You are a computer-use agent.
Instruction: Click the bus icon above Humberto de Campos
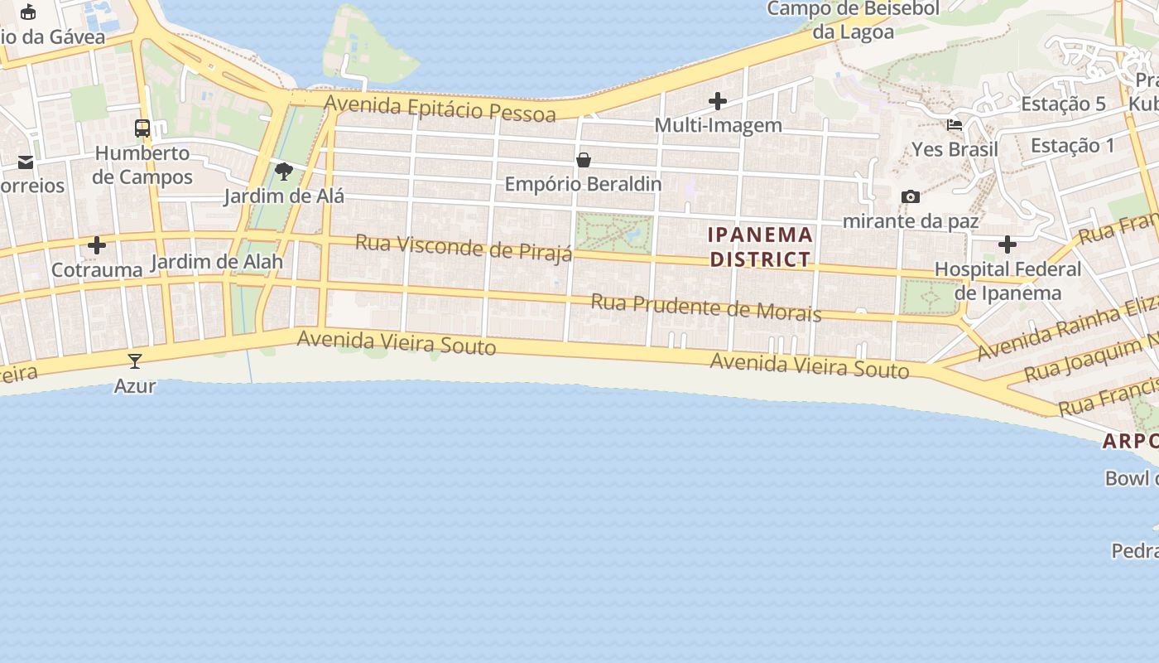click(142, 128)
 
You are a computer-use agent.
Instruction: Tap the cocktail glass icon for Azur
click(135, 361)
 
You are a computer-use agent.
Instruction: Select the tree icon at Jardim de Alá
click(284, 172)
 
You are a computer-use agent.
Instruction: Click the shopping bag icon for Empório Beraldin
click(584, 159)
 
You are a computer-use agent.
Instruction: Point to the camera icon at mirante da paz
click(911, 196)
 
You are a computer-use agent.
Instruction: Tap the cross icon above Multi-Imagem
click(718, 101)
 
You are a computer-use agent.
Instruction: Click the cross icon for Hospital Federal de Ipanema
click(1008, 244)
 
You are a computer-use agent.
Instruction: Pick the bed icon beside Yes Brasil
click(955, 125)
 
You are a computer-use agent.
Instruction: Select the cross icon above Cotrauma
click(97, 245)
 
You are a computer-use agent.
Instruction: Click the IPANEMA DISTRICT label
click(760, 247)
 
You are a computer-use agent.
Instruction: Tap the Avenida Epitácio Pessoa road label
click(440, 108)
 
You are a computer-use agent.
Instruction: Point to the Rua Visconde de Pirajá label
click(464, 247)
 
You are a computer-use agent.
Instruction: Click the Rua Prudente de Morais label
click(705, 307)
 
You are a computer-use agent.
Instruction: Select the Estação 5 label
click(1063, 104)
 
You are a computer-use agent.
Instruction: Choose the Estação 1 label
click(1072, 146)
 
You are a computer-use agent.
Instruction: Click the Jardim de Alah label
click(217, 262)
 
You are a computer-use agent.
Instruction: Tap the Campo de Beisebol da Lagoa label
click(854, 20)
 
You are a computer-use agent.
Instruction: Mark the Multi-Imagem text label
click(718, 125)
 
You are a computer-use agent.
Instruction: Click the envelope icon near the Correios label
click(26, 162)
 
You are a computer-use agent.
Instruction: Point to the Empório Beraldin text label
click(583, 184)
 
